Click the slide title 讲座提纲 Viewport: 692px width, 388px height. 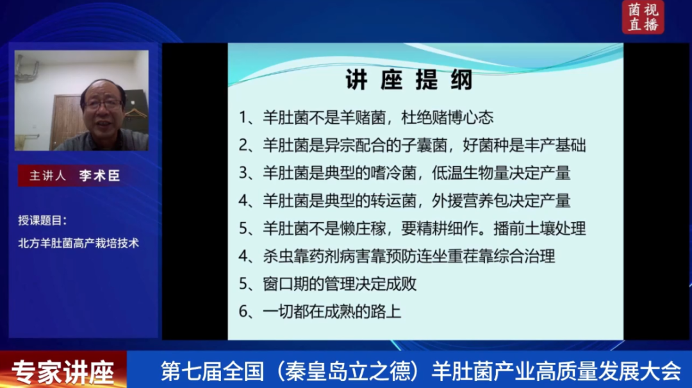[x=409, y=80]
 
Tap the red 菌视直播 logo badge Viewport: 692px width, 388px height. [x=643, y=17]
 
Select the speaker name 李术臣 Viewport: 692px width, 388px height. [x=99, y=176]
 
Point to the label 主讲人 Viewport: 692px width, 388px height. [x=47, y=176]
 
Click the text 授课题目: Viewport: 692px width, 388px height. [x=42, y=220]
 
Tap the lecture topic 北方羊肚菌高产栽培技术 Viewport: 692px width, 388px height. [x=79, y=243]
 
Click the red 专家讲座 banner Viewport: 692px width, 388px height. [x=63, y=370]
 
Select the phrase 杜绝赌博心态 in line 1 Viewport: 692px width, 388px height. [x=447, y=117]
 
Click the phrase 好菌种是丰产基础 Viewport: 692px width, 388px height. [x=524, y=146]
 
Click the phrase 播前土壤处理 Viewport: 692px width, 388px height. [x=540, y=228]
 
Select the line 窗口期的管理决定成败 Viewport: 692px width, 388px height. [x=340, y=284]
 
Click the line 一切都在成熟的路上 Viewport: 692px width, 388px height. [x=332, y=312]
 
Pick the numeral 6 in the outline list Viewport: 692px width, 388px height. [x=243, y=312]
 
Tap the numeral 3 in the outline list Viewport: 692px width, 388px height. [x=243, y=173]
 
